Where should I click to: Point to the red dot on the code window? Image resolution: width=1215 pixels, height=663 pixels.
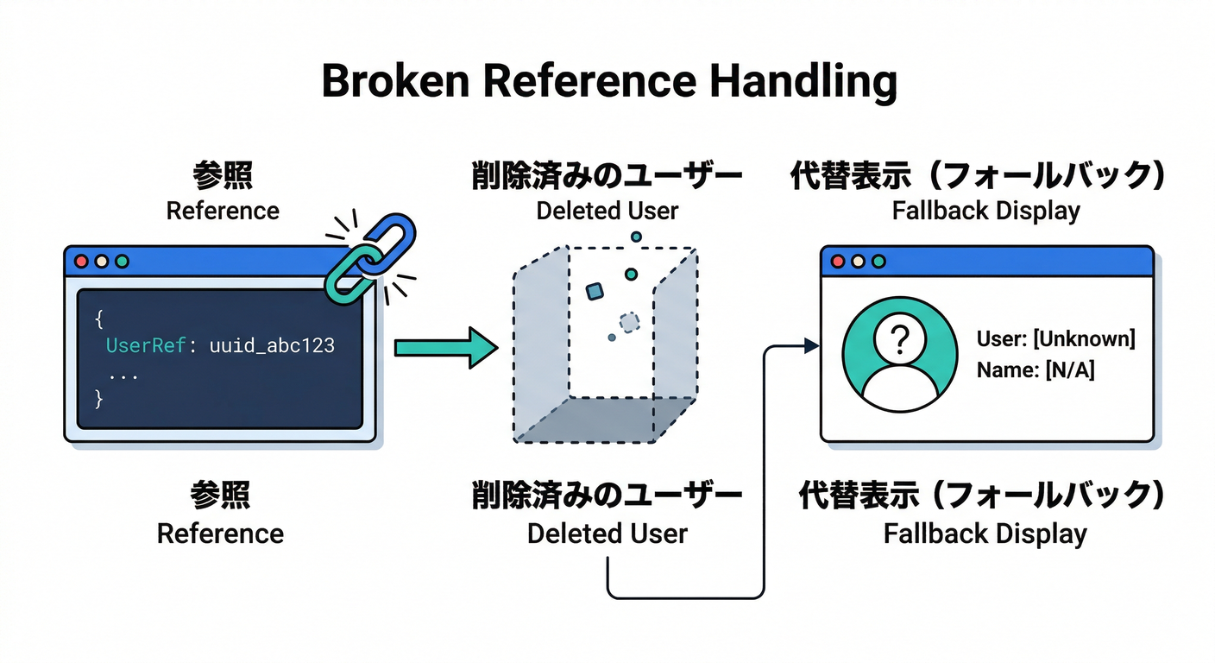(x=83, y=261)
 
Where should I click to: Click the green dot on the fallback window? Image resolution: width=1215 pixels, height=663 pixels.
(x=878, y=261)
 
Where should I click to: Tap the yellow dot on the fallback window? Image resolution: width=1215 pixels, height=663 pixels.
(x=858, y=261)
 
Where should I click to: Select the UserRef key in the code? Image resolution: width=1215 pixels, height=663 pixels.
(x=145, y=346)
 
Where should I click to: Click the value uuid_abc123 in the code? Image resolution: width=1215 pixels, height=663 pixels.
(x=272, y=346)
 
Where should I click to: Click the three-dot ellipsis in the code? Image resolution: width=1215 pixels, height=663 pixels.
(x=124, y=376)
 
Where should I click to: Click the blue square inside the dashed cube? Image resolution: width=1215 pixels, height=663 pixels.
(x=594, y=292)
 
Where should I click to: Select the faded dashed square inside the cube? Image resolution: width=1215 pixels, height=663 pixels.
(x=630, y=322)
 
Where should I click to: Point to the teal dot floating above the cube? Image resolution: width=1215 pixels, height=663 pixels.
(x=636, y=236)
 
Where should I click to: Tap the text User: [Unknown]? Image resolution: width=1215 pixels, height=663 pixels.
(x=1055, y=338)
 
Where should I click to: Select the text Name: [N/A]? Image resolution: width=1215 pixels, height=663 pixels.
(x=1036, y=370)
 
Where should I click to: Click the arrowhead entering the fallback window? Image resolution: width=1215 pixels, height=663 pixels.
(x=810, y=346)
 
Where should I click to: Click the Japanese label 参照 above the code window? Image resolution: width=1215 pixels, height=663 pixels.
(x=223, y=176)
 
